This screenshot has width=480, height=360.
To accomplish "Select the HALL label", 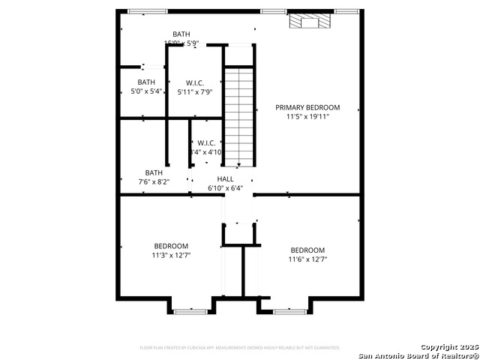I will (x=225, y=178).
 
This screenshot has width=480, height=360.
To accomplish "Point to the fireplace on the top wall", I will (x=308, y=22).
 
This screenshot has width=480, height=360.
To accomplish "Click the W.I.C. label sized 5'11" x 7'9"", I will (x=195, y=82).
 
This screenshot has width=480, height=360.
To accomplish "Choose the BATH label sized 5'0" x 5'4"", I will (x=146, y=82).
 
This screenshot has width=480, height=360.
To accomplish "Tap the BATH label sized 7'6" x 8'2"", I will (x=154, y=172).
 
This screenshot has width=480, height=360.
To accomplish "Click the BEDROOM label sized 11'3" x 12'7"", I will (x=171, y=246).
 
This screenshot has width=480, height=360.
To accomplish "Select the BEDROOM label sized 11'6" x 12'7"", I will (x=307, y=250).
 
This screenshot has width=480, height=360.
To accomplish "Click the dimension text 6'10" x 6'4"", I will (x=225, y=188).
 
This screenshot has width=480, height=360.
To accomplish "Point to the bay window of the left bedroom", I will (x=190, y=310).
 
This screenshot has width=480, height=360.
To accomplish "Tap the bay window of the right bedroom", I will (x=289, y=310).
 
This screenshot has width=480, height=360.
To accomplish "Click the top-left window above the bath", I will (x=137, y=11).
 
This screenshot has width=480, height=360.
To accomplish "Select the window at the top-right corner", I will (x=346, y=11).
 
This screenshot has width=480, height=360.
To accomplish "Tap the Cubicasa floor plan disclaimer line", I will (x=240, y=347).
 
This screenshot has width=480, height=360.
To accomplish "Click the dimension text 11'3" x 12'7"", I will (x=171, y=255).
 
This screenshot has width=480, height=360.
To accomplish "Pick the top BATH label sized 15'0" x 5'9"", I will (x=181, y=34).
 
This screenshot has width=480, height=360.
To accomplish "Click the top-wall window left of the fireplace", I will (x=272, y=11).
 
